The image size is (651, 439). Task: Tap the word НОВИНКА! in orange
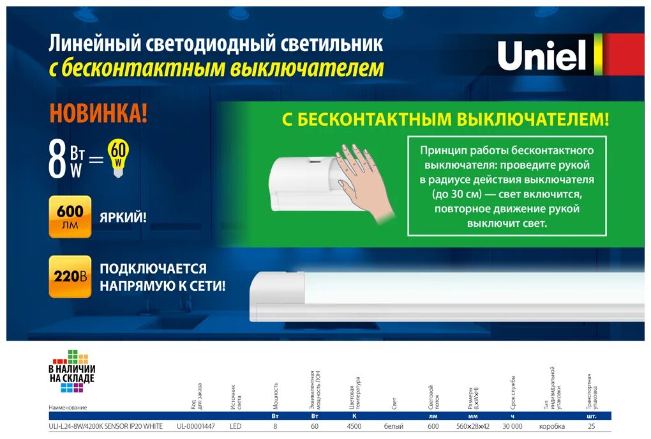pyautogui.click(x=98, y=114)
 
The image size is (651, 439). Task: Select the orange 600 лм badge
pyautogui.click(x=70, y=217)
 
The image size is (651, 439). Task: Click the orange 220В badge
pyautogui.click(x=70, y=277)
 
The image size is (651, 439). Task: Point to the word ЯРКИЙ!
pyautogui.click(x=123, y=217)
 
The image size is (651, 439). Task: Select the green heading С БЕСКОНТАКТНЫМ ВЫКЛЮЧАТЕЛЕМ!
pyautogui.click(x=445, y=119)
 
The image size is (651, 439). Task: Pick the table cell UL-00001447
pyautogui.click(x=196, y=426)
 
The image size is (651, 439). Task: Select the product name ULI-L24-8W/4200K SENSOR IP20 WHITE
pyautogui.click(x=105, y=426)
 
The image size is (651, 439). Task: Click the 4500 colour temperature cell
pyautogui.click(x=354, y=426)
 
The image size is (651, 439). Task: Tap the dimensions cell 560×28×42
pyautogui.click(x=472, y=426)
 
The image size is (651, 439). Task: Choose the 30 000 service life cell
pyautogui.click(x=513, y=426)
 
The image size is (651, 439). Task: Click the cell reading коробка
pyautogui.click(x=552, y=426)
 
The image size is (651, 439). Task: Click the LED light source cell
pyautogui.click(x=236, y=426)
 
